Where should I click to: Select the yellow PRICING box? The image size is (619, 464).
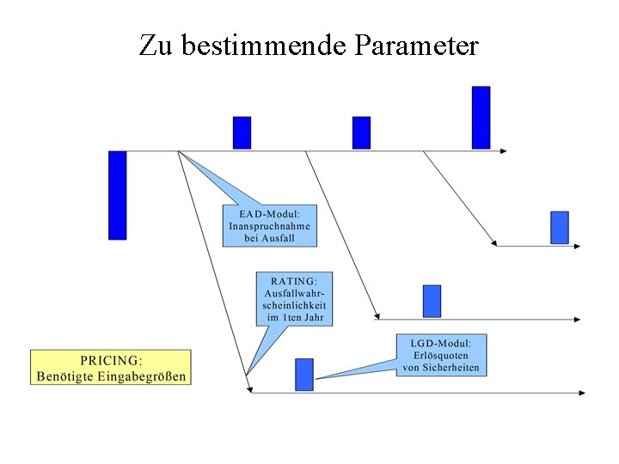tap(111, 367)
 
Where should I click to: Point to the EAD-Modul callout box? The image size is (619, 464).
tap(269, 225)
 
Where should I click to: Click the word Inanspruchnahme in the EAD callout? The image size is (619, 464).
tap(269, 225)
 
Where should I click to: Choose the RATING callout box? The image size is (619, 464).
tap(294, 299)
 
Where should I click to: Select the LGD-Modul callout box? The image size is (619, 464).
tap(441, 356)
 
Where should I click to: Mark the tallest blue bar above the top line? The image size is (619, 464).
tap(481, 118)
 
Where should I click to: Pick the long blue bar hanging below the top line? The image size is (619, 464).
tap(118, 195)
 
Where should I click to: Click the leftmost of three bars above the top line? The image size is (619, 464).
tap(242, 133)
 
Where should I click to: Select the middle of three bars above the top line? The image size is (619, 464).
tap(361, 133)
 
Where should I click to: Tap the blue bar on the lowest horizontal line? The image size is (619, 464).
tap(304, 375)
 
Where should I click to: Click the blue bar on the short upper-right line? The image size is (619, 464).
tap(560, 228)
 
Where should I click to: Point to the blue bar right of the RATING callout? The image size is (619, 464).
tap(432, 301)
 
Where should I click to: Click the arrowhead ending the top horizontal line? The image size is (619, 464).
tap(504, 151)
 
